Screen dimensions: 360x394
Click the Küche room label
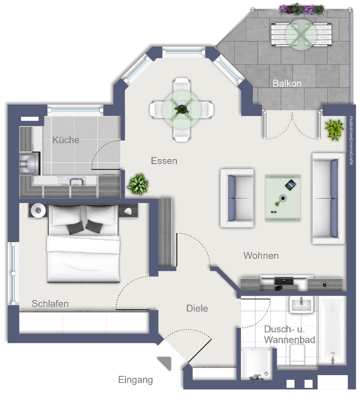pyautogui.click(x=66, y=140)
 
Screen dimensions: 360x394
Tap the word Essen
pyautogui.click(x=164, y=161)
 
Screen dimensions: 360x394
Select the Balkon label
pyautogui.click(x=287, y=84)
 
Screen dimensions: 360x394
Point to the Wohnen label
pyautogui.click(x=261, y=256)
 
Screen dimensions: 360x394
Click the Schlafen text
pyautogui.click(x=50, y=303)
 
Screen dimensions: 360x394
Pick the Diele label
pyautogui.click(x=197, y=308)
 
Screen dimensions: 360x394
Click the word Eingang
pyautogui.click(x=136, y=380)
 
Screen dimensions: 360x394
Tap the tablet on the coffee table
pyautogui.click(x=290, y=185)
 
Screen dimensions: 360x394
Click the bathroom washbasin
pyautogui.click(x=301, y=304)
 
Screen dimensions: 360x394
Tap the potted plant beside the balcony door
pyautogui.click(x=334, y=130)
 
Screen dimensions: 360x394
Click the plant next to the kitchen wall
pyautogui.click(x=138, y=184)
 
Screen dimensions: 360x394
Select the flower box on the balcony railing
pyautogui.click(x=301, y=9)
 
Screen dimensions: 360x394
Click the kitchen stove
pyautogui.click(x=29, y=164)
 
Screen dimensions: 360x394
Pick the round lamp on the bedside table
pyautogui.click(x=39, y=210)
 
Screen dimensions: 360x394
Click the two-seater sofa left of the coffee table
pyautogui.click(x=237, y=198)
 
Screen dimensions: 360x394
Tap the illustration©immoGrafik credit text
pyautogui.click(x=352, y=140)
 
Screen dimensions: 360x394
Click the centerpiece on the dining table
pyautogui.click(x=181, y=110)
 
